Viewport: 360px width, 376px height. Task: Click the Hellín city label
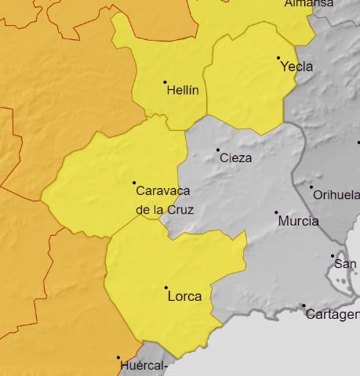[x=184, y=90]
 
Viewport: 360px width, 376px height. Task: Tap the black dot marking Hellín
[x=165, y=82]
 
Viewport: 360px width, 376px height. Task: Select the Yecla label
[x=297, y=67]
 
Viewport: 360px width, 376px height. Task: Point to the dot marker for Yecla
[x=278, y=58]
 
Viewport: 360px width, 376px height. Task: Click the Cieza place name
[x=236, y=157]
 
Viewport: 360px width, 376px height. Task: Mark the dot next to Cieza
[x=218, y=150]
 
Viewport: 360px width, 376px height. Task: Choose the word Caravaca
[x=163, y=190]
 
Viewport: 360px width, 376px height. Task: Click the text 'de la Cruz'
[x=165, y=209]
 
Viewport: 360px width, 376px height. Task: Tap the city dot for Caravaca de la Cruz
[x=134, y=183]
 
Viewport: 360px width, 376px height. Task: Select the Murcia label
[x=298, y=221]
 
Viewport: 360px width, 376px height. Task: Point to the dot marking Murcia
[x=276, y=212]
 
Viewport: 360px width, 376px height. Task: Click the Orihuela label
[x=336, y=195]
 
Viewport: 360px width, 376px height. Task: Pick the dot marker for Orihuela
[x=311, y=187]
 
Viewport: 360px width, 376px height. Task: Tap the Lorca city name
[x=184, y=296]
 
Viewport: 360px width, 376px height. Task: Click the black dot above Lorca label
[x=166, y=287]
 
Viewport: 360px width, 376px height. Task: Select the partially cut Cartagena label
[x=332, y=314]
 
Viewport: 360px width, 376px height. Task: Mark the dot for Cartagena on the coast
[x=304, y=305]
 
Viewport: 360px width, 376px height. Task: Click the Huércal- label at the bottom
[x=145, y=366]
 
